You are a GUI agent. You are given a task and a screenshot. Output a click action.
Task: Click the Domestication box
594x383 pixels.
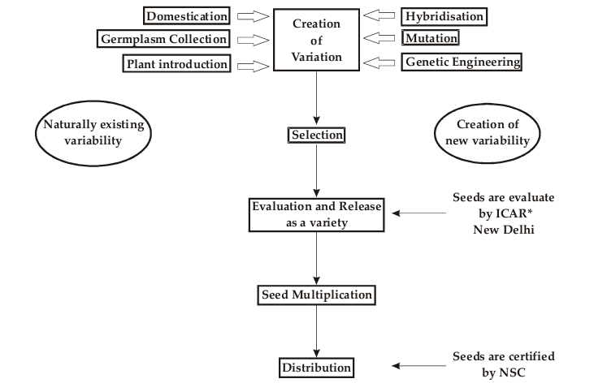pos(186,15)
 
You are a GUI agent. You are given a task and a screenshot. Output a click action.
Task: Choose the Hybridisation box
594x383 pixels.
pos(444,15)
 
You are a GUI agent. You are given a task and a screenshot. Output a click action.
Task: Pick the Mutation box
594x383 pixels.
pos(431,37)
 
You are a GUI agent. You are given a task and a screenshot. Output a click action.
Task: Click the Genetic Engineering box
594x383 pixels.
pos(462,62)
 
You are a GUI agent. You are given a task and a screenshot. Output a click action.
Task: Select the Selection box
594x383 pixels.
pos(316,134)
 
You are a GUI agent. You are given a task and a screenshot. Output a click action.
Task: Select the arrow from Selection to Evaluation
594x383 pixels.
pos(315,170)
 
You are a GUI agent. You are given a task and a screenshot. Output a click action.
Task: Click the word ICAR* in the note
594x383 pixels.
pos(506,214)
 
